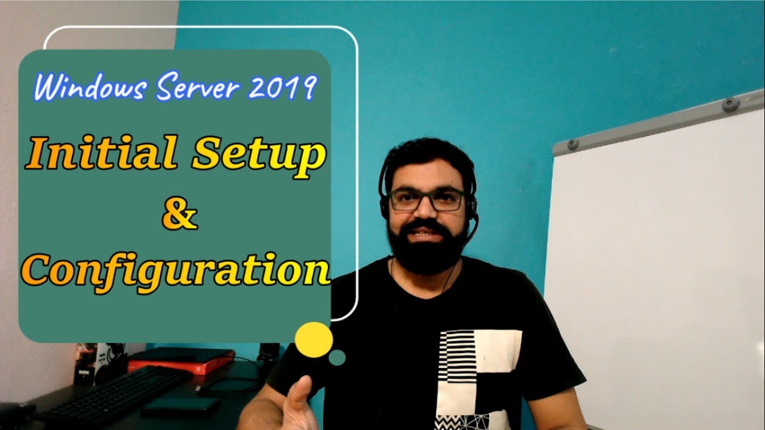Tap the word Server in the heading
click(197, 88)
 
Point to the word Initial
click(101, 153)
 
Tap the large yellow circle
click(314, 340)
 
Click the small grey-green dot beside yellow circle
click(337, 357)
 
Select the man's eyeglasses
click(427, 199)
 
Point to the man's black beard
click(426, 251)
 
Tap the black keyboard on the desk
click(114, 394)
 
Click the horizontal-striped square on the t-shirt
click(457, 355)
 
